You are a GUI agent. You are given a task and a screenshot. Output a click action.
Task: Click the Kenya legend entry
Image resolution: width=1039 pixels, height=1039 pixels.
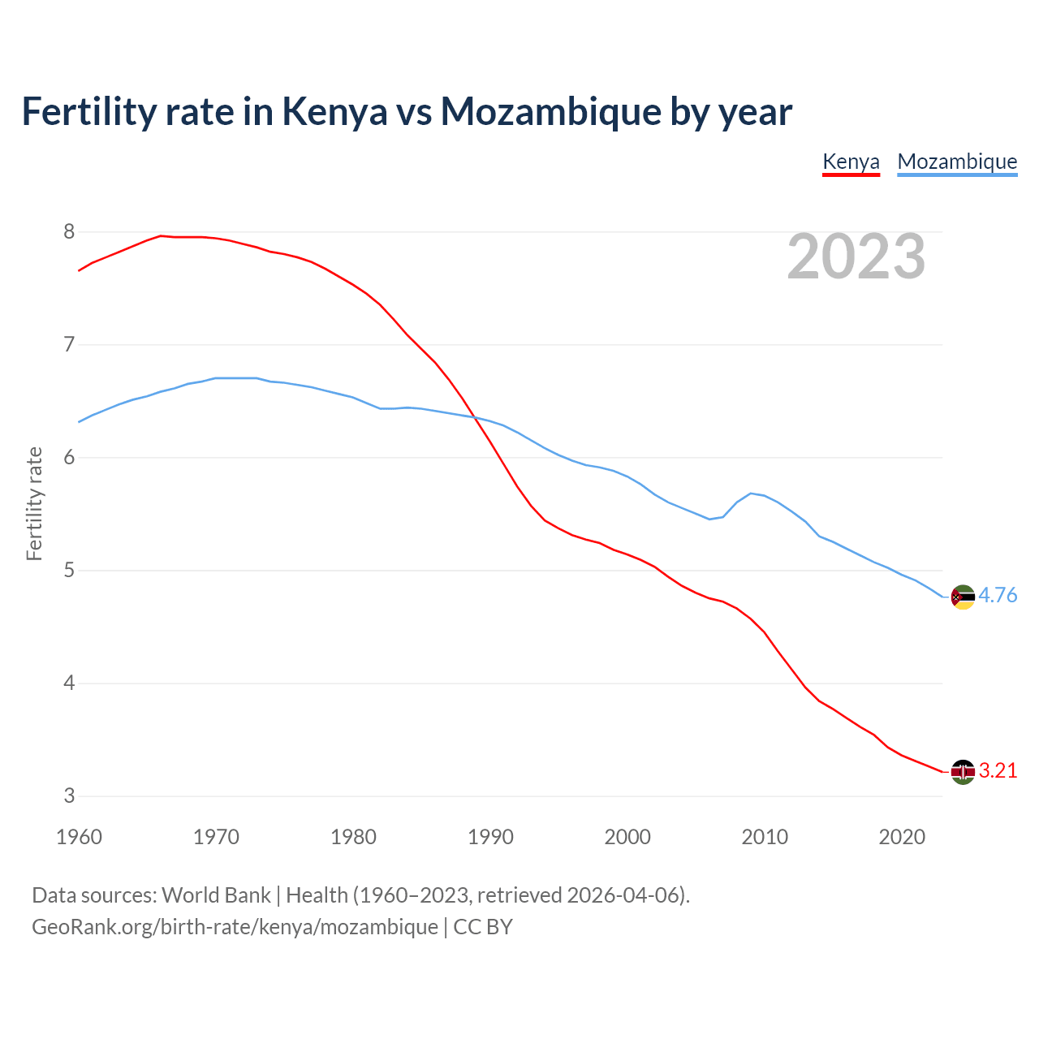pyautogui.click(x=851, y=162)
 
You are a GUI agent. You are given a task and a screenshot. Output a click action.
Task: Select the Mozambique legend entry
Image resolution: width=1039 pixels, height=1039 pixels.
pyautogui.click(x=957, y=162)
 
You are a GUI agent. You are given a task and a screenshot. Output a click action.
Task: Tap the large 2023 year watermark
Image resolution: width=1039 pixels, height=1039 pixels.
pyautogui.click(x=856, y=257)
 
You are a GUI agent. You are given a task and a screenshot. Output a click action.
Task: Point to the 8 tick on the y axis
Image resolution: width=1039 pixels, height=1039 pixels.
pyautogui.click(x=69, y=232)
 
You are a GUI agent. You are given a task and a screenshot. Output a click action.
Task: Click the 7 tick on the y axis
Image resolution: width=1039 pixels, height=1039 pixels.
pyautogui.click(x=69, y=345)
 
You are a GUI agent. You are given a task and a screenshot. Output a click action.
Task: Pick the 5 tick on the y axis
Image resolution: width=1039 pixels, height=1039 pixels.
pyautogui.click(x=69, y=571)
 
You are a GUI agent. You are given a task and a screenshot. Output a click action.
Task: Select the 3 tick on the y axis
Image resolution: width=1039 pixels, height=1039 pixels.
pyautogui.click(x=69, y=796)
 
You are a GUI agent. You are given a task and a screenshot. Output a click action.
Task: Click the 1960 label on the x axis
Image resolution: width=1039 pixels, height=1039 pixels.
pyautogui.click(x=79, y=837)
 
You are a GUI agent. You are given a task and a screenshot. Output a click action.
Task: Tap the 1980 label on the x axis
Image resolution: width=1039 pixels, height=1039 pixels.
pyautogui.click(x=353, y=837)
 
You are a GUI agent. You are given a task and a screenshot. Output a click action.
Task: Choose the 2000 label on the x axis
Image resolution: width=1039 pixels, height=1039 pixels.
pyautogui.click(x=627, y=837)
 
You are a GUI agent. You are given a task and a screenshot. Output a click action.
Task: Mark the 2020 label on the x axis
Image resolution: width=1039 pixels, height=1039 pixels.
pyautogui.click(x=902, y=837)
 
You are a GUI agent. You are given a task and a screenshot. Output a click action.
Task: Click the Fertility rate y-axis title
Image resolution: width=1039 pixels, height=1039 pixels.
pyautogui.click(x=34, y=503)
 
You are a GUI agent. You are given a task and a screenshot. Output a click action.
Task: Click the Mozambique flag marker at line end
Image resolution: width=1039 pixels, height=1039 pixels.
pyautogui.click(x=962, y=597)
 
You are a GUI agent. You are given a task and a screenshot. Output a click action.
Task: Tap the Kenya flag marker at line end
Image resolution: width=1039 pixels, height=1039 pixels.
pyautogui.click(x=962, y=772)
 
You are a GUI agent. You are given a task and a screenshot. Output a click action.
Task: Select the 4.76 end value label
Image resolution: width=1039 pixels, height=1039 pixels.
pyautogui.click(x=998, y=596)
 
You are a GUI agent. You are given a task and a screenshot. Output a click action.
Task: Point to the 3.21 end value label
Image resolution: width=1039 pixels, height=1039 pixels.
pyautogui.click(x=998, y=771)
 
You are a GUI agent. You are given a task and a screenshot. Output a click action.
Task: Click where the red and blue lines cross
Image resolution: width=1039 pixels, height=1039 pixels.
pyautogui.click(x=476, y=417)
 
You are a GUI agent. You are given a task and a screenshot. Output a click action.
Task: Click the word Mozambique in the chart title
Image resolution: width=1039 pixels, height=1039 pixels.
pyautogui.click(x=550, y=112)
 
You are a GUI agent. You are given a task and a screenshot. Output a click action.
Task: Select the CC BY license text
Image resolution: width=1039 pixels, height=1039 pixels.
pyautogui.click(x=483, y=927)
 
